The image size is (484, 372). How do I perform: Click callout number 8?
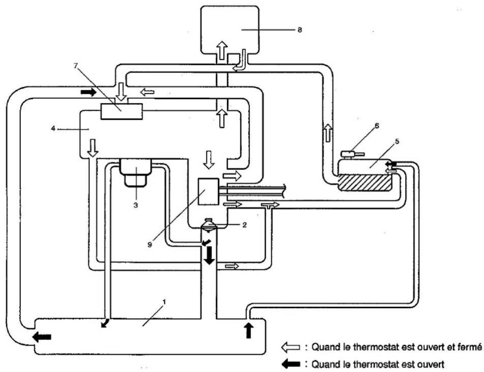(300, 30)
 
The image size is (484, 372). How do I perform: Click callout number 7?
(76, 66)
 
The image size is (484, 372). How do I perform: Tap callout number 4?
(53, 128)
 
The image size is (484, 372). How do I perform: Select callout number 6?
(376, 126)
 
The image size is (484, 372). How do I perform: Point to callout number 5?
(397, 141)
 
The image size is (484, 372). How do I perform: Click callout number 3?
(136, 205)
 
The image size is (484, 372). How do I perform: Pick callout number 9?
(150, 245)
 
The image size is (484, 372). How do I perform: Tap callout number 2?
(244, 225)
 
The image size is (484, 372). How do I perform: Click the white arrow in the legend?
(291, 348)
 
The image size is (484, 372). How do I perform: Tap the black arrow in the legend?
(291, 364)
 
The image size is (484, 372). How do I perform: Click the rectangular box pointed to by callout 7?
(121, 111)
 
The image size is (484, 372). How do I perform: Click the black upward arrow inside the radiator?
(249, 331)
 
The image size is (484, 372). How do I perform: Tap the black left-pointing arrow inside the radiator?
(42, 337)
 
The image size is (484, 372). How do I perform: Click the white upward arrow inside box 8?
(222, 50)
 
